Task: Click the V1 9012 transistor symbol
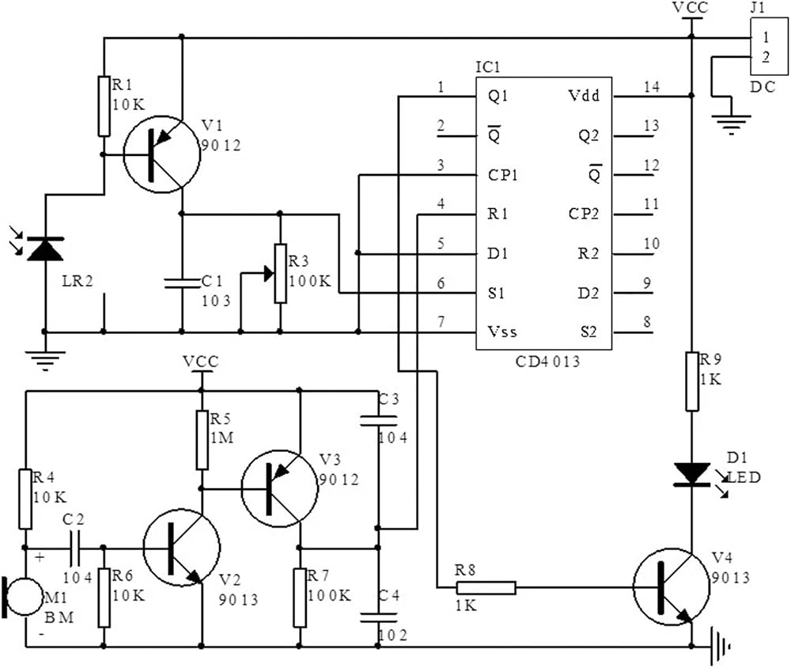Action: pyautogui.click(x=161, y=154)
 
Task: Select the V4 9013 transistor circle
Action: pyautogui.click(x=671, y=586)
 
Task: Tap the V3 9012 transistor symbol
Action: pyautogui.click(x=280, y=489)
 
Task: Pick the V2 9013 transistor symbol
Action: pyautogui.click(x=182, y=548)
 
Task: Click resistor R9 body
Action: pyautogui.click(x=691, y=381)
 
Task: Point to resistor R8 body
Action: pyautogui.click(x=486, y=588)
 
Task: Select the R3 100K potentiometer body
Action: pyautogui.click(x=281, y=274)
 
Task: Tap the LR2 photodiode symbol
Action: pyautogui.click(x=45, y=248)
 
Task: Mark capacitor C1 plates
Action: pyautogui.click(x=182, y=283)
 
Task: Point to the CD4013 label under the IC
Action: pyautogui.click(x=547, y=362)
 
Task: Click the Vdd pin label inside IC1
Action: pyautogui.click(x=584, y=96)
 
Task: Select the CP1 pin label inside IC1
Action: pyautogui.click(x=502, y=175)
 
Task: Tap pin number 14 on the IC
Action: pyautogui.click(x=651, y=87)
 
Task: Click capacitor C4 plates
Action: pyautogui.click(x=378, y=617)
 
